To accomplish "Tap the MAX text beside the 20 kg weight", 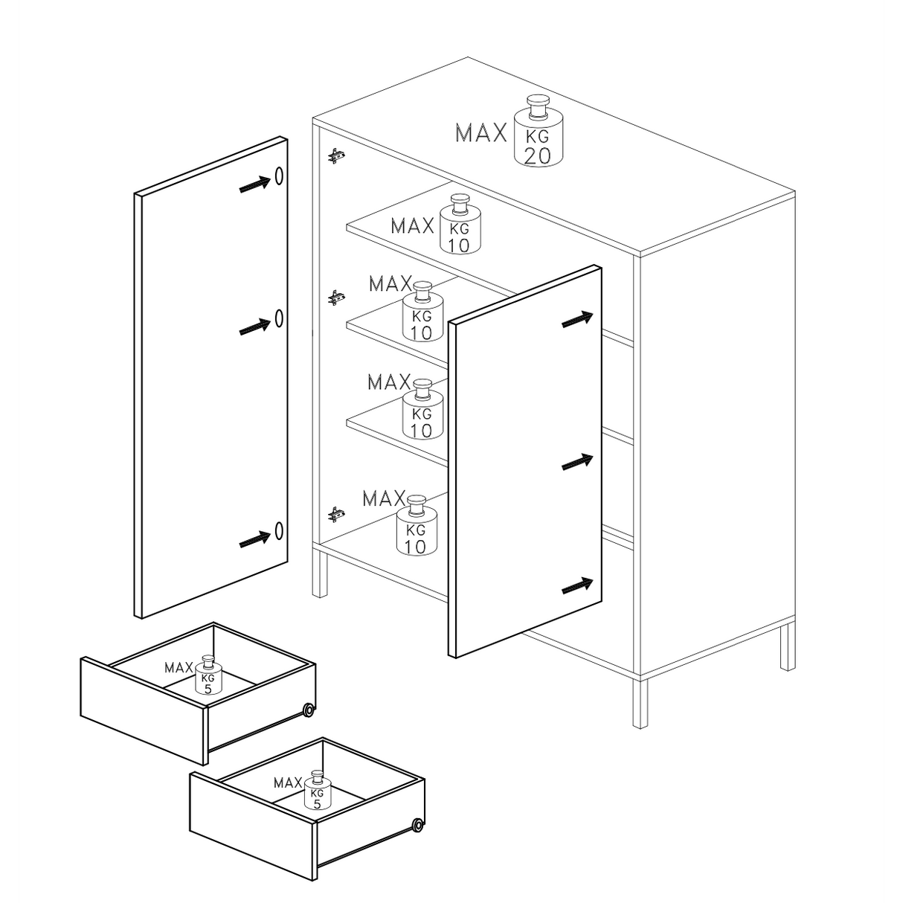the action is point(481,132).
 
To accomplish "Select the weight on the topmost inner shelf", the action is point(460,225).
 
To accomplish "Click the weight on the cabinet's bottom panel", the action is point(417,525).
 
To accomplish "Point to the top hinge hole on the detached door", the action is point(279,176).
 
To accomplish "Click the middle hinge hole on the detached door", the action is point(279,318).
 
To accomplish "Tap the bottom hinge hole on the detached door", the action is point(279,530).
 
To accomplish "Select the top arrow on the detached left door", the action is point(255,184).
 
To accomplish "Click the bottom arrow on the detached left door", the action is point(255,539).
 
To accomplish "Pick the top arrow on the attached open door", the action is point(577,319).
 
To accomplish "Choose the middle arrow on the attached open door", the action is point(577,462).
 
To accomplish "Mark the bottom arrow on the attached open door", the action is point(577,585).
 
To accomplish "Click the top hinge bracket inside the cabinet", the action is point(336,155).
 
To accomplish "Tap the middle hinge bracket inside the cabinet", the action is point(336,298).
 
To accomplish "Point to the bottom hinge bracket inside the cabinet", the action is point(336,515).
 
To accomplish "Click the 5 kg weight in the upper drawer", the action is point(208,675).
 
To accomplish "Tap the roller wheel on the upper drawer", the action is point(309,710).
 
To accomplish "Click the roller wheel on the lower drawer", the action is point(417,825).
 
